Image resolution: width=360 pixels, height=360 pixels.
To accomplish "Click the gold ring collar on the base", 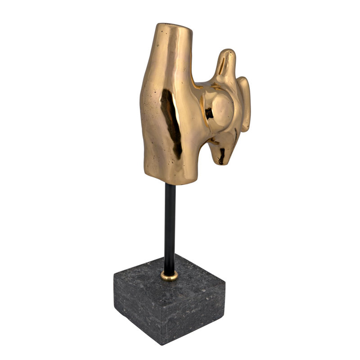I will [170, 276].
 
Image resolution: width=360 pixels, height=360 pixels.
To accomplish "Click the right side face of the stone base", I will [198, 310].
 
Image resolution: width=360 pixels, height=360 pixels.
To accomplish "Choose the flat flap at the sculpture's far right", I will [245, 103].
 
